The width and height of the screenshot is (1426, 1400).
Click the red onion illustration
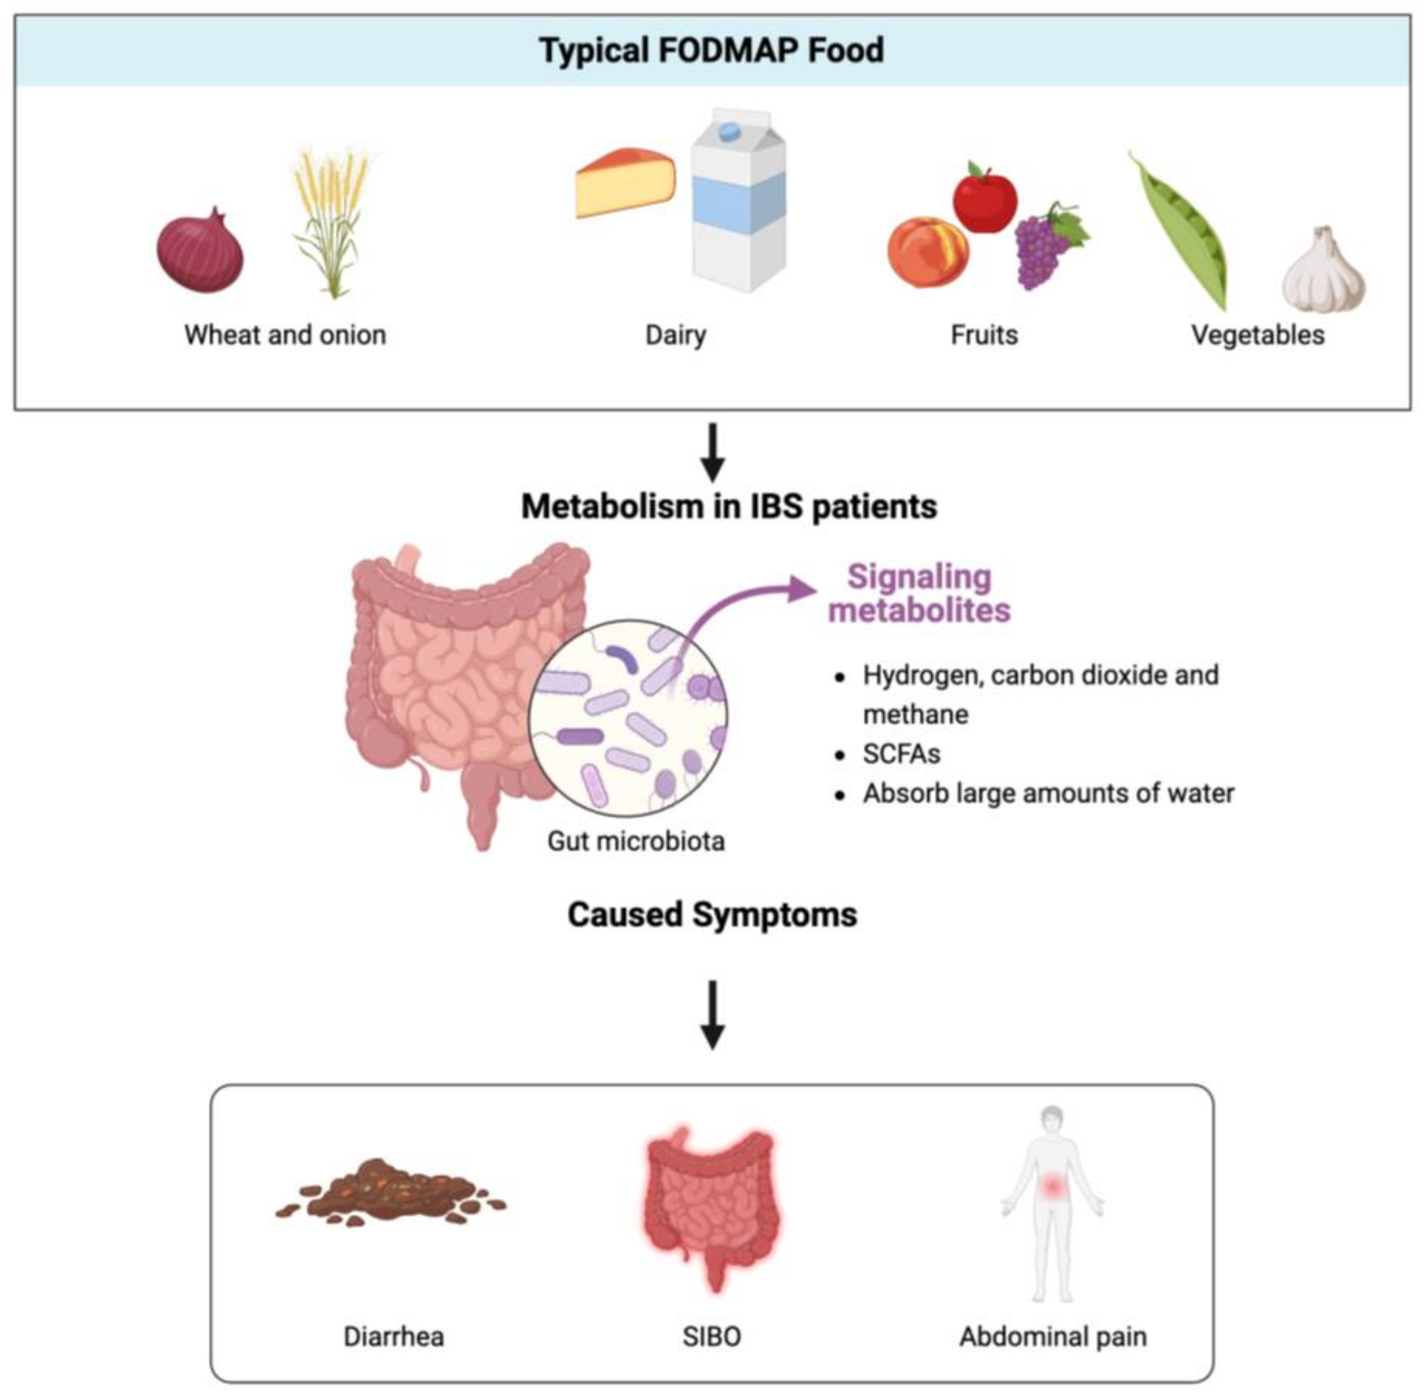[x=200, y=252]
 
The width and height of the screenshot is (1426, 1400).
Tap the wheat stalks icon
[x=331, y=221]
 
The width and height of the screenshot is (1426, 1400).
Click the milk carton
[x=739, y=202]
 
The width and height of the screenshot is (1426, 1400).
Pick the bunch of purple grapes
[x=1044, y=246]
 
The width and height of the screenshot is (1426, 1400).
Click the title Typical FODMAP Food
[x=711, y=51]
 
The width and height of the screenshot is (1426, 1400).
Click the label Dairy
[x=675, y=335]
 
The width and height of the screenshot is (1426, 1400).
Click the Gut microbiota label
[x=636, y=841]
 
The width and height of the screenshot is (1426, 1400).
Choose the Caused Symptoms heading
[x=711, y=915]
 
